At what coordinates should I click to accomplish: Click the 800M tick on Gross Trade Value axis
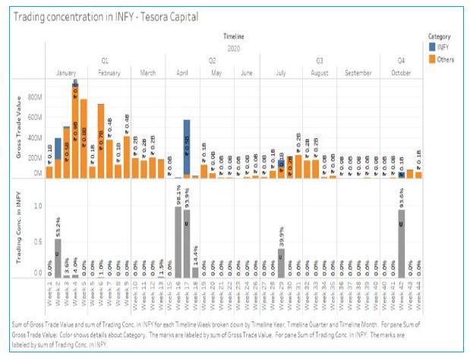pyautogui.click(x=35, y=97)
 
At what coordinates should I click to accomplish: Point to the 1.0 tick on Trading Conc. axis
pyautogui.click(x=36, y=206)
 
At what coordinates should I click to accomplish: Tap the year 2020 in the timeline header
pyautogui.click(x=234, y=47)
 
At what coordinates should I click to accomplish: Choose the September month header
pyautogui.click(x=358, y=72)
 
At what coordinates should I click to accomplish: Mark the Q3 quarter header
pyautogui.click(x=320, y=59)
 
